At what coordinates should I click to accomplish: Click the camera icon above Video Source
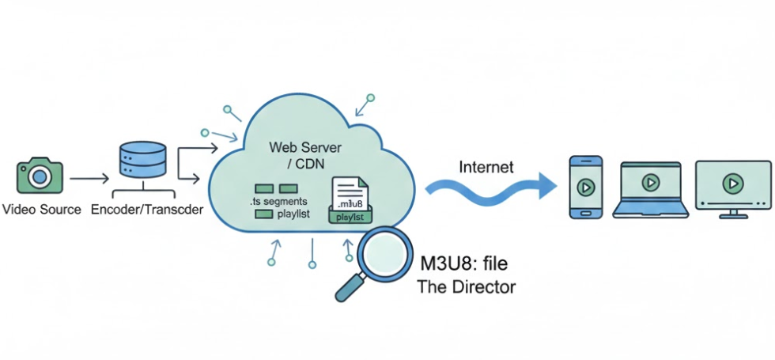pyautogui.click(x=39, y=176)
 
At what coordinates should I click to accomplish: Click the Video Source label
pyautogui.click(x=41, y=210)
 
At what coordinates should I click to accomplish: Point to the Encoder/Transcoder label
pyautogui.click(x=147, y=210)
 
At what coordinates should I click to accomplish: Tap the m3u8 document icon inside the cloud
pyautogui.click(x=349, y=196)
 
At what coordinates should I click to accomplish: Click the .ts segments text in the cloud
pyautogui.click(x=273, y=203)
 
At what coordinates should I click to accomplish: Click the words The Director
pyautogui.click(x=466, y=286)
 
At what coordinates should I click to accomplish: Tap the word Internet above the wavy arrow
pyautogui.click(x=486, y=167)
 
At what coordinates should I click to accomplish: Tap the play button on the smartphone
pyautogui.click(x=585, y=188)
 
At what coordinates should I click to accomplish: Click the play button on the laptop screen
pyautogui.click(x=650, y=183)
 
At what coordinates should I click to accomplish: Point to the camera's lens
pyautogui.click(x=39, y=178)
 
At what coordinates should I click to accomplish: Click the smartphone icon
pyautogui.click(x=585, y=186)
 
